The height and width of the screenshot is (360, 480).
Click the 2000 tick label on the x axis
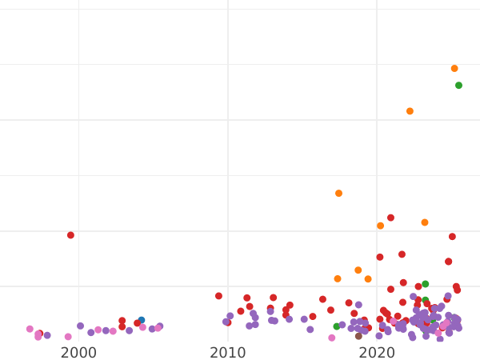(78, 352)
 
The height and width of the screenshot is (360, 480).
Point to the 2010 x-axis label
(228, 352)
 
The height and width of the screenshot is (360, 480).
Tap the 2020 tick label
(378, 352)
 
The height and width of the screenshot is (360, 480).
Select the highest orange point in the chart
(454, 69)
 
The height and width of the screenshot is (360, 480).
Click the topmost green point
(458, 86)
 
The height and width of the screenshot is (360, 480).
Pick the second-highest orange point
(410, 111)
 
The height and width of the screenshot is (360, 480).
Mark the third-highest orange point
(338, 194)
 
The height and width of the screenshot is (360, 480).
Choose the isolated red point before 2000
(70, 235)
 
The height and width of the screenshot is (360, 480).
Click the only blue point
(142, 320)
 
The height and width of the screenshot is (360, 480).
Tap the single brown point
(358, 336)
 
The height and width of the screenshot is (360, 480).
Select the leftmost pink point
(30, 329)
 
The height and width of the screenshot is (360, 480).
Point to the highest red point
(390, 218)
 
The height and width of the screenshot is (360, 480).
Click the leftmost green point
(337, 326)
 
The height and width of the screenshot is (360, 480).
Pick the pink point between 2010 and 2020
(332, 338)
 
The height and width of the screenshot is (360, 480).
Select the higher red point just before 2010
(218, 296)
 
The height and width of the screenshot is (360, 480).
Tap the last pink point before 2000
(68, 337)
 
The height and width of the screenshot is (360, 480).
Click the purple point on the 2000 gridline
(80, 326)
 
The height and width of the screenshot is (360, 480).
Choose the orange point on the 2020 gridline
(380, 226)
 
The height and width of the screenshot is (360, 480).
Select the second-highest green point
(425, 284)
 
